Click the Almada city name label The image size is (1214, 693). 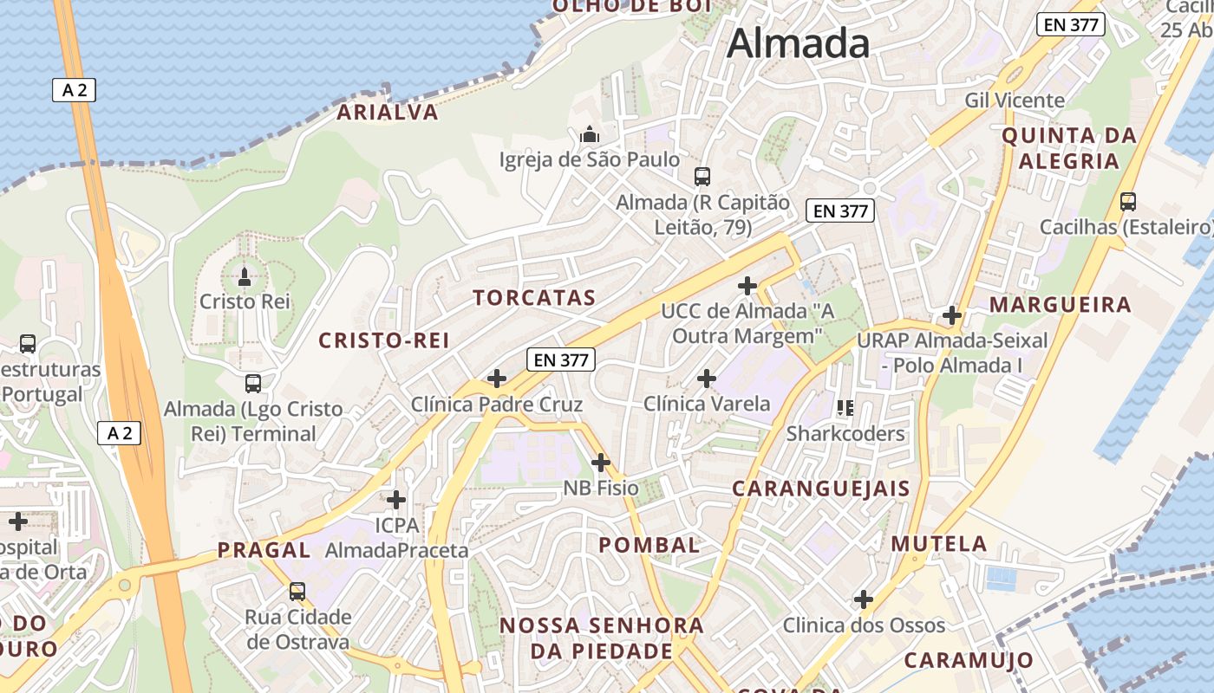click(798, 43)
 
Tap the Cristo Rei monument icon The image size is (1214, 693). click(245, 277)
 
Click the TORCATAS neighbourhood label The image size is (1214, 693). click(534, 298)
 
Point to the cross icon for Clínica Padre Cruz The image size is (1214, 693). click(497, 379)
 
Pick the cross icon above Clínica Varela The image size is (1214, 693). click(707, 379)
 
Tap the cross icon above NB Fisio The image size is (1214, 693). click(600, 463)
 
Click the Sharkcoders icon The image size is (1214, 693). click(845, 407)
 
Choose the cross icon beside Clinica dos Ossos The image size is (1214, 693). click(864, 599)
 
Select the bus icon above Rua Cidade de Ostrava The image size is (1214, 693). click(297, 592)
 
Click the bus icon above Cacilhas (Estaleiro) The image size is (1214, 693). click(1128, 202)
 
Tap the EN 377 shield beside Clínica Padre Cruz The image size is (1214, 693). click(561, 359)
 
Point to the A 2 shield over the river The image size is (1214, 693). click(74, 89)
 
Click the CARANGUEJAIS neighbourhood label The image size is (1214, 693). click(821, 489)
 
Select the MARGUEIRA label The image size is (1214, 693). click(1061, 305)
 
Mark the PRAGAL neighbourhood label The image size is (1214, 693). click(264, 550)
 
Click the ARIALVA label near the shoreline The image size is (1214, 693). click(388, 113)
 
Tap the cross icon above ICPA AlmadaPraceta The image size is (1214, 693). click(396, 500)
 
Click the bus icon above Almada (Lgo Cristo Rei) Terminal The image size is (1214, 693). click(253, 383)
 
